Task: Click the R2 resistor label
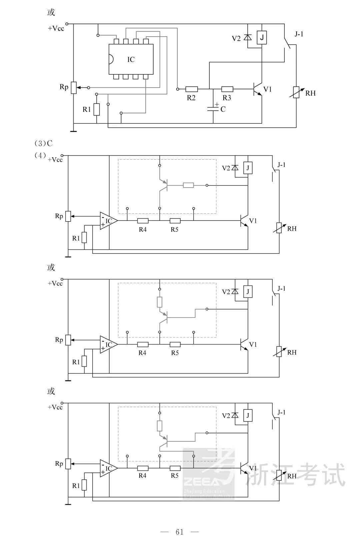pyautogui.click(x=191, y=98)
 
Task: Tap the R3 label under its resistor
pyautogui.click(x=227, y=98)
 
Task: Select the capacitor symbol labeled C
pyautogui.click(x=213, y=109)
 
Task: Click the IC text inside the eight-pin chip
pyautogui.click(x=131, y=60)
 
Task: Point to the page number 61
pyautogui.click(x=180, y=532)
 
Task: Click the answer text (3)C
pyautogui.click(x=44, y=144)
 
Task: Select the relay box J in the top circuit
pyautogui.click(x=262, y=37)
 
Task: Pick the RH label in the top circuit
pyautogui.click(x=310, y=94)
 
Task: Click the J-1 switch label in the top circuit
pyautogui.click(x=299, y=34)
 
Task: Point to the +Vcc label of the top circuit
pyautogui.click(x=56, y=29)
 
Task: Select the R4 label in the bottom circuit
pyautogui.click(x=142, y=476)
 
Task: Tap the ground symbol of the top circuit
pyautogui.click(x=73, y=131)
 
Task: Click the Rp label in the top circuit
pyautogui.click(x=64, y=87)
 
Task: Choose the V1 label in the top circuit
pyautogui.click(x=267, y=89)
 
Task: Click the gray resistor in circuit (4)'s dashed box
pyautogui.click(x=188, y=185)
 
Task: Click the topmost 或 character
pyautogui.click(x=51, y=13)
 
